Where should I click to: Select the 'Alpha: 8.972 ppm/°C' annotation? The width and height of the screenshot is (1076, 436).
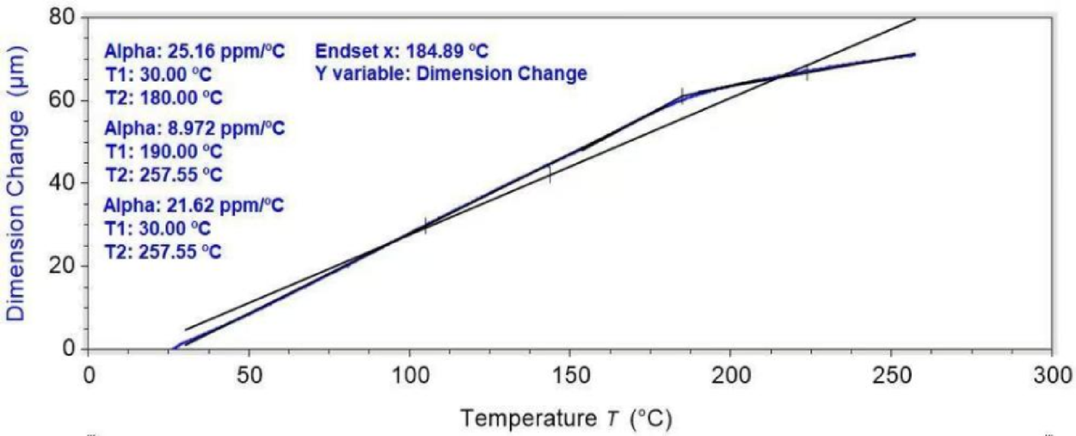pyautogui.click(x=194, y=129)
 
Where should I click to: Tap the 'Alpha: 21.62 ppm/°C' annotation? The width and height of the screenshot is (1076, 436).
pyautogui.click(x=194, y=206)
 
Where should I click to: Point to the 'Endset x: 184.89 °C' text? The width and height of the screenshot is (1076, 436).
pyautogui.click(x=402, y=51)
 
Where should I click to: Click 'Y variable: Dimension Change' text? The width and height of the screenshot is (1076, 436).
pyautogui.click(x=451, y=74)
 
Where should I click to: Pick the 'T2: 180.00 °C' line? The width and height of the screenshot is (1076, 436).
pyautogui.click(x=163, y=97)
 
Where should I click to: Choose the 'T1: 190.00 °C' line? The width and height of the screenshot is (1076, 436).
pyautogui.click(x=163, y=152)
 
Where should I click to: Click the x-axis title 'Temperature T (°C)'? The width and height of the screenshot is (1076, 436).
pyautogui.click(x=566, y=419)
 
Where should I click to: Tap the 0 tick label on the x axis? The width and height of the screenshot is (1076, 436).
pyautogui.click(x=88, y=377)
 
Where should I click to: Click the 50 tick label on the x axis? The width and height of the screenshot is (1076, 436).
pyautogui.click(x=249, y=377)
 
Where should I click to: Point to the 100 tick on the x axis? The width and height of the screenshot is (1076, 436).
pyautogui.click(x=409, y=377)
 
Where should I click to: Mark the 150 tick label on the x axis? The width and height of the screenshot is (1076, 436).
pyautogui.click(x=569, y=377)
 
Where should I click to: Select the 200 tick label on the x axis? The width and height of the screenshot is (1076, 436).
pyautogui.click(x=729, y=377)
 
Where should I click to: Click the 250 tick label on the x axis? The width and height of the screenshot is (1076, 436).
pyautogui.click(x=890, y=377)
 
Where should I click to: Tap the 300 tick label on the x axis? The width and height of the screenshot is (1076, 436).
pyautogui.click(x=1050, y=377)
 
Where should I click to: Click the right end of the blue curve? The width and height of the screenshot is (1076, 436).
pyautogui.click(x=913, y=54)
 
